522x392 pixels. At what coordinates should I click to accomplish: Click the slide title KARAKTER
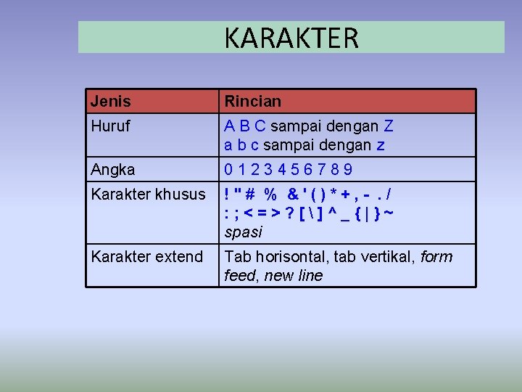(x=291, y=38)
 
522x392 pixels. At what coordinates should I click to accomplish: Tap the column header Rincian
(x=252, y=101)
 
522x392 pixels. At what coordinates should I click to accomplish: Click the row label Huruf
(x=110, y=126)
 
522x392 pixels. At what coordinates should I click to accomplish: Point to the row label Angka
(x=112, y=170)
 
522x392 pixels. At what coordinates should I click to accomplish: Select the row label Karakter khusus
(x=148, y=195)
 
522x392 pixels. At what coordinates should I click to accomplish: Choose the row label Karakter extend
(x=146, y=257)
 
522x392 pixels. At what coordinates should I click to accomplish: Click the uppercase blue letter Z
(x=389, y=126)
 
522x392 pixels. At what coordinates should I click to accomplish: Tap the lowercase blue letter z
(x=381, y=145)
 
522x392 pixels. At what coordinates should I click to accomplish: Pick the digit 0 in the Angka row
(x=229, y=170)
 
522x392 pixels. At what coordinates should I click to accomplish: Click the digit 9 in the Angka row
(x=348, y=170)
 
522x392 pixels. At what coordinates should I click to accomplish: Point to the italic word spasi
(x=243, y=232)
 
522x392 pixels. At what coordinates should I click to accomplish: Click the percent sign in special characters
(x=270, y=195)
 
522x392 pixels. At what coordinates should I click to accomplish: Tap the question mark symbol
(x=290, y=213)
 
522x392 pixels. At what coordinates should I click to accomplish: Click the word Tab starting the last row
(x=236, y=257)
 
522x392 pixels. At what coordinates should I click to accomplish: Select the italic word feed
(x=241, y=276)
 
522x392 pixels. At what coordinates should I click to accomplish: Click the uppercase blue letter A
(x=229, y=126)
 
